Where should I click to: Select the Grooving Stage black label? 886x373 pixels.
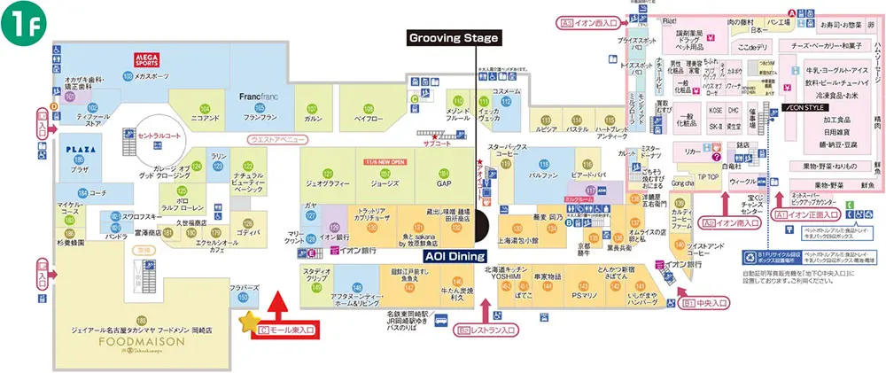pyautogui.click(x=454, y=38)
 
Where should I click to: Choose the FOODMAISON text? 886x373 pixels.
pyautogui.click(x=141, y=339)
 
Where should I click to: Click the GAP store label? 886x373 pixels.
pyautogui.click(x=445, y=184)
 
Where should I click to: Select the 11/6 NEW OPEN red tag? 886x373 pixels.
pyautogui.click(x=384, y=163)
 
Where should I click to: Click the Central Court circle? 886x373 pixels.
pyautogui.click(x=158, y=136)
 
